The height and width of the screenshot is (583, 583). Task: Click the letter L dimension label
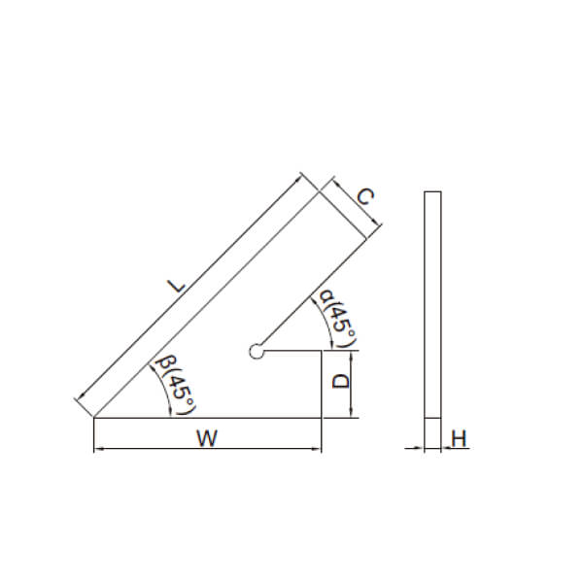(x=177, y=286)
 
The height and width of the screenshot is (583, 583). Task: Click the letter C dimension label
(x=364, y=196)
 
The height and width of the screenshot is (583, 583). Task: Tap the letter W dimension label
(x=207, y=438)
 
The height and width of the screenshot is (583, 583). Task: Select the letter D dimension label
(x=341, y=382)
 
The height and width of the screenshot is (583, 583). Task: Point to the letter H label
(x=459, y=438)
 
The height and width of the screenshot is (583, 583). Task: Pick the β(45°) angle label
(x=176, y=385)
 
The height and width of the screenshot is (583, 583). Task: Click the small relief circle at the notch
(x=257, y=351)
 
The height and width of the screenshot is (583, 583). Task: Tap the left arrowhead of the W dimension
(x=98, y=449)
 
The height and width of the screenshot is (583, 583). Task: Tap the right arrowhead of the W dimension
(x=317, y=449)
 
